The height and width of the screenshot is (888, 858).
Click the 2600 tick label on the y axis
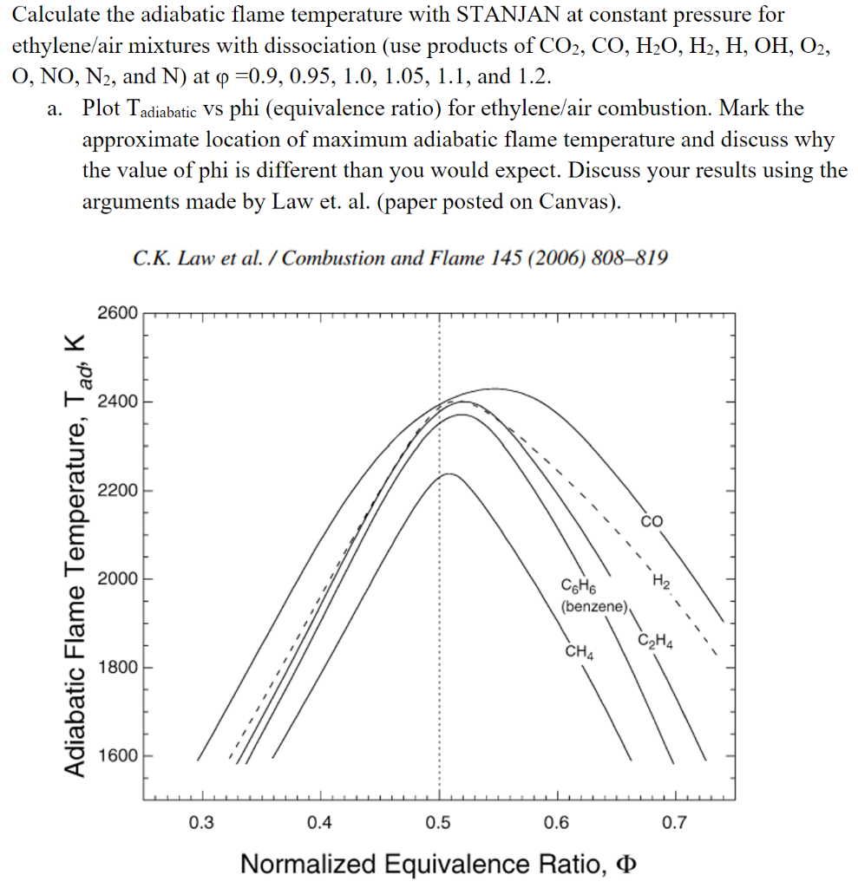117,313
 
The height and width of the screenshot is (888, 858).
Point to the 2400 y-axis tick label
117,402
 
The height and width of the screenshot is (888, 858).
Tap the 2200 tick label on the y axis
117,491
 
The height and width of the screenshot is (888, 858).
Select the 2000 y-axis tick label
117,578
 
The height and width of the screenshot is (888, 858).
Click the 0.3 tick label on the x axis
201,822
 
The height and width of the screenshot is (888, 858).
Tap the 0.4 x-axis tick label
320,822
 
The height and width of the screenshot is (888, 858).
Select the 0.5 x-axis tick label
438,822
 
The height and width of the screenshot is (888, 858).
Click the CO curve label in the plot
652,521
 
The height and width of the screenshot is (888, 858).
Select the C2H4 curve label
655,643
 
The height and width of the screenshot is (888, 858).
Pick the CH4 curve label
579,651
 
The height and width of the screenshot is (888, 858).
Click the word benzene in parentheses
594,606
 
